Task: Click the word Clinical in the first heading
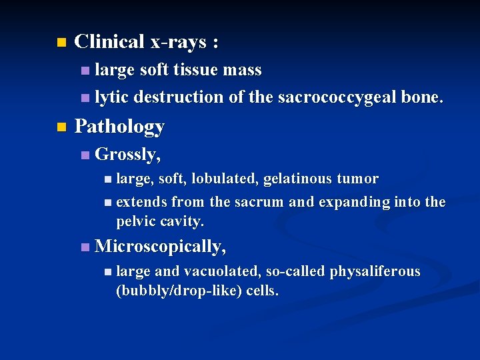109,42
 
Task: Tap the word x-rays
178,42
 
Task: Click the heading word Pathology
119,126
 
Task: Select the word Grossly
127,155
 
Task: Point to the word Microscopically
160,247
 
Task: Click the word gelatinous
298,179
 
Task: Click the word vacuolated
221,271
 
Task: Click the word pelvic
135,221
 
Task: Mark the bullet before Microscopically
83,247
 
